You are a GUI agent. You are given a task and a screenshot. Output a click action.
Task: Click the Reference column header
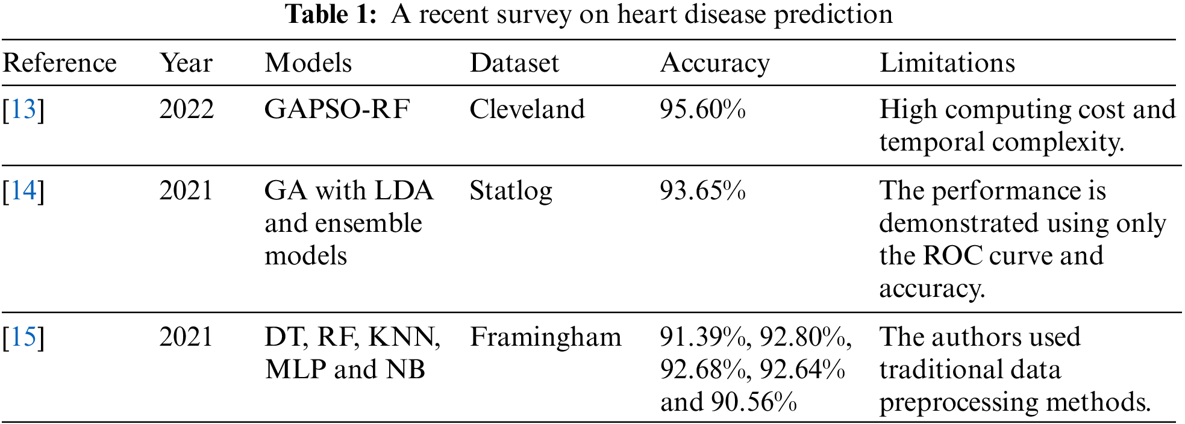[x=60, y=63]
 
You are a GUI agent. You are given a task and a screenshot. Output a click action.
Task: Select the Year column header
[x=186, y=63]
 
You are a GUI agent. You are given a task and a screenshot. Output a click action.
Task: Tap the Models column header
[x=308, y=63]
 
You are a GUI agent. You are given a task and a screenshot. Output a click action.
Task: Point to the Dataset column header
[x=514, y=63]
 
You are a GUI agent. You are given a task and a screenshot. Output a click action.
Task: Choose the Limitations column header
[x=947, y=63]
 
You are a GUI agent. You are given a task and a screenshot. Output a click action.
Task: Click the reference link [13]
[x=23, y=110]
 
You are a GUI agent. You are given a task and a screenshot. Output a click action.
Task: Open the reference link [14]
[x=23, y=191]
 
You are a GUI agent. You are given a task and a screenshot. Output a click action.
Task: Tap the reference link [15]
[x=23, y=337]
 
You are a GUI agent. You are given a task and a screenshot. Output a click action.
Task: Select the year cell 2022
[x=186, y=110]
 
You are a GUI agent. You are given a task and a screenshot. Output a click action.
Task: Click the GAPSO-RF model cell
[x=337, y=110]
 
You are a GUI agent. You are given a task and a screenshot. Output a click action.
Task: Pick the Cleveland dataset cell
[x=527, y=110]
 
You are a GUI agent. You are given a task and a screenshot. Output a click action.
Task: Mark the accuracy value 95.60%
[x=702, y=110]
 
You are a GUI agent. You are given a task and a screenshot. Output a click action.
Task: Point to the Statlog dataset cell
[x=511, y=192]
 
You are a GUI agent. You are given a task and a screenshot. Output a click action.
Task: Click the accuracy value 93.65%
[x=702, y=191]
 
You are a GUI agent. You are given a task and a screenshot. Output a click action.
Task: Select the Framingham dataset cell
[x=545, y=337]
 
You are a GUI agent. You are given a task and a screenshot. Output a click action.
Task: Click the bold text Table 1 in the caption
[x=331, y=14]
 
